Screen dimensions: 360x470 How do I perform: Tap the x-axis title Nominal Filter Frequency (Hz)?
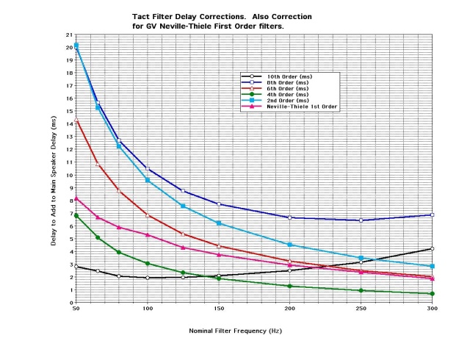[x=235, y=331]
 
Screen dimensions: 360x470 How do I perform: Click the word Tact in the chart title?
[x=140, y=15]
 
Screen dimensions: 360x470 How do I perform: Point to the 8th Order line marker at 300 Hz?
[x=432, y=215]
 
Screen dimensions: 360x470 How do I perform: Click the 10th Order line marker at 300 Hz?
[x=432, y=248]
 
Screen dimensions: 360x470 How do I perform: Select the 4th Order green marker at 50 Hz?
[x=76, y=215]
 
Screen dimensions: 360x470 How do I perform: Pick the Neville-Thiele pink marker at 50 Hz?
[x=76, y=198]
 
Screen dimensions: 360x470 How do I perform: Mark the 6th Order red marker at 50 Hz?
[x=76, y=119]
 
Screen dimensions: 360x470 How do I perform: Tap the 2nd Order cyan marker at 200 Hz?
[x=289, y=244]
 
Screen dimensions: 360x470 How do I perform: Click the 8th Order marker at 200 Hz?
[x=289, y=217]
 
